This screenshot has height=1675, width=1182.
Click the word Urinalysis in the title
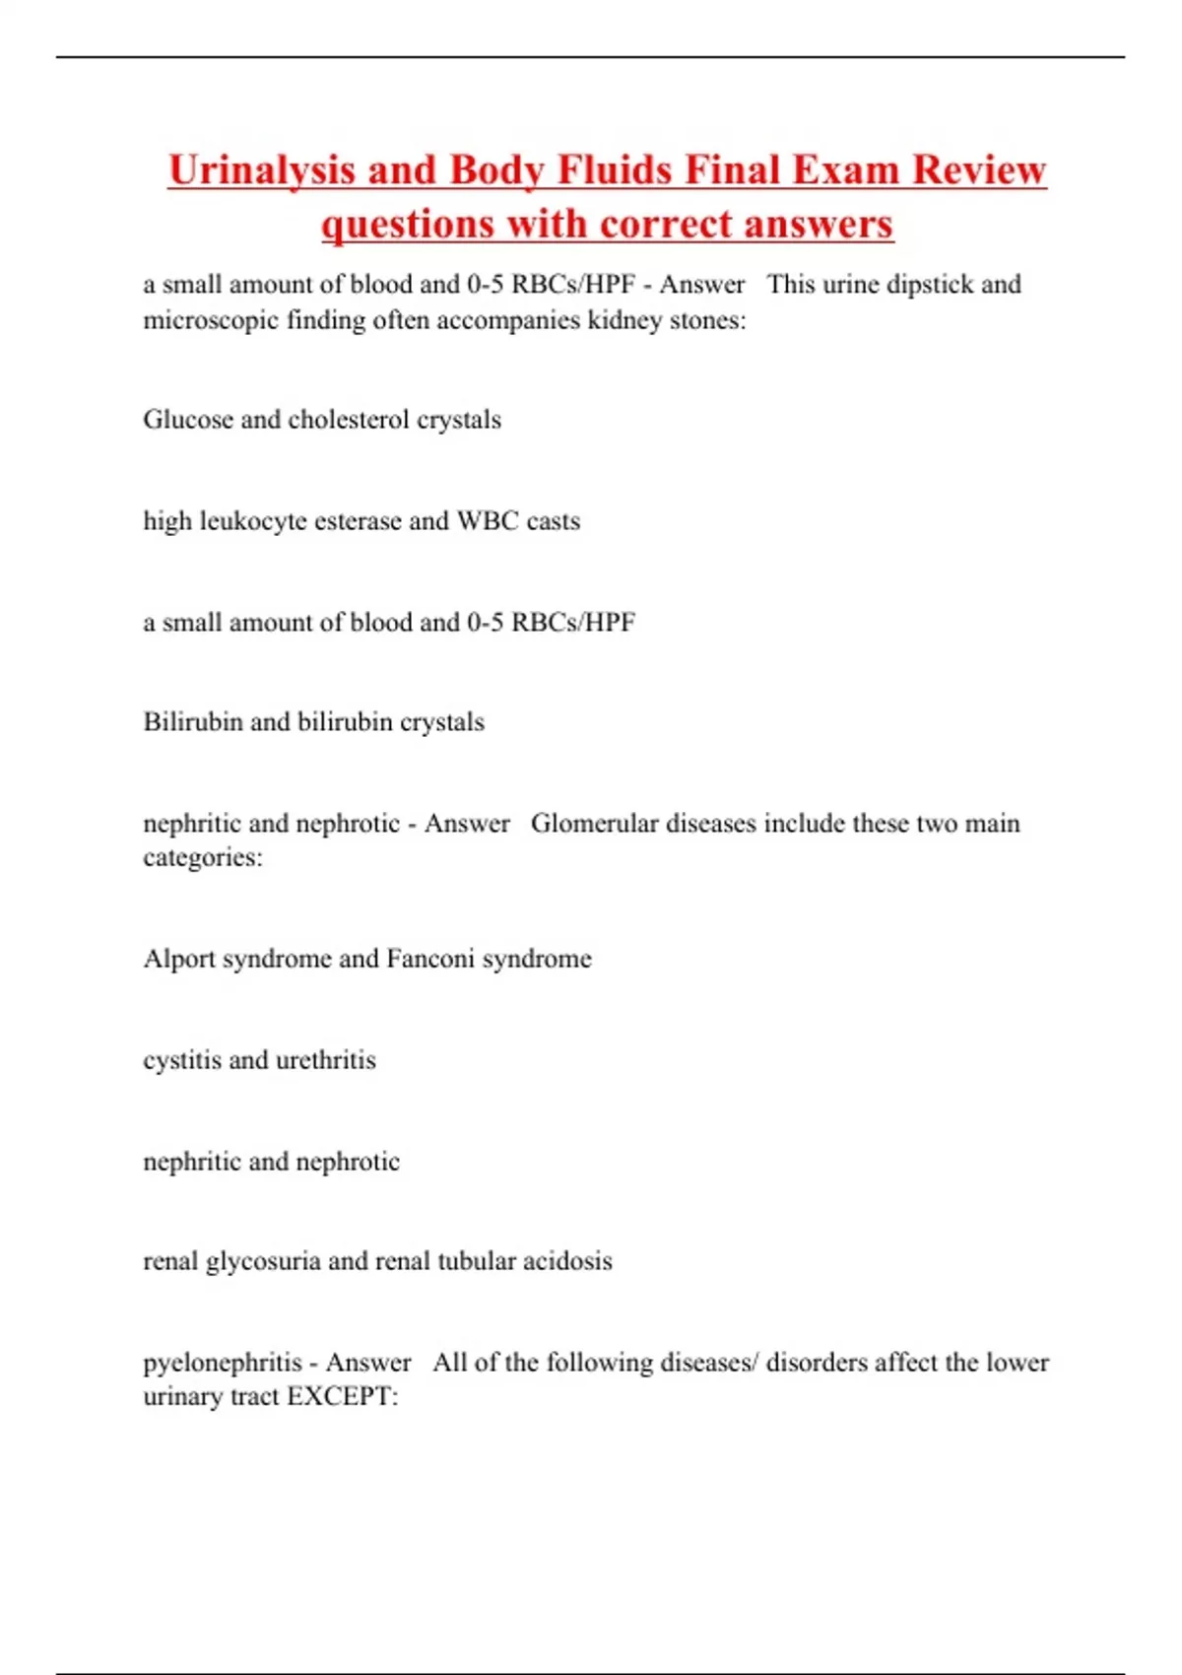(261, 169)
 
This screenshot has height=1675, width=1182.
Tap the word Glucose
(188, 420)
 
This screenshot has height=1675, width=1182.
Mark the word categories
(202, 857)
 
